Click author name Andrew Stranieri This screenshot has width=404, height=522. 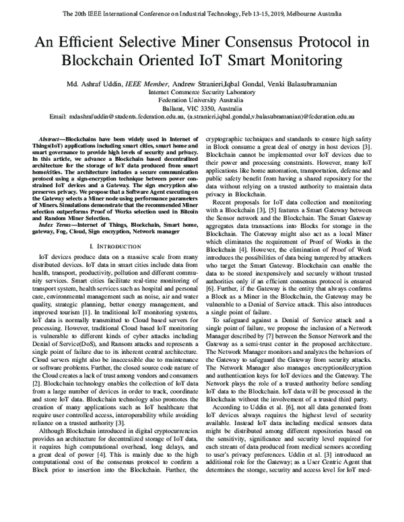coord(220,85)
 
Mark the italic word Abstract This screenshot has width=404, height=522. coord(52,137)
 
